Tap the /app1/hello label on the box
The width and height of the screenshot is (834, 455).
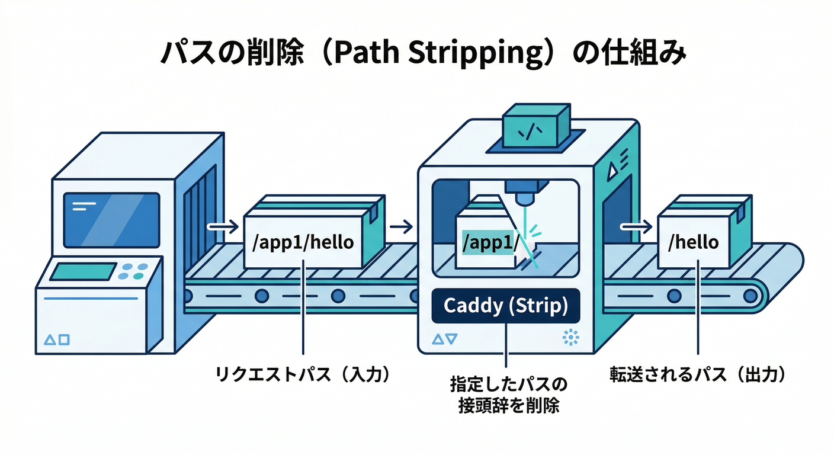pos(303,242)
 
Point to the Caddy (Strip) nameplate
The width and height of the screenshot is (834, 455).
pos(505,306)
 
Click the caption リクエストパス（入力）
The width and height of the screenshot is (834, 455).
pos(303,374)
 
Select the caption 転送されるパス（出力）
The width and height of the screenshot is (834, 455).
pos(699,374)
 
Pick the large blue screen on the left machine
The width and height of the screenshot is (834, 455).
pos(111,219)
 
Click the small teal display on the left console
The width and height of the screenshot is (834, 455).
pos(82,272)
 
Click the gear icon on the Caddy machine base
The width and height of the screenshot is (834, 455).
pos(570,338)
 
